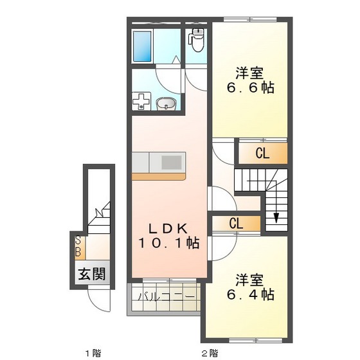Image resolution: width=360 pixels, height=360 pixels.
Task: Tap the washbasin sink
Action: pos(166,103)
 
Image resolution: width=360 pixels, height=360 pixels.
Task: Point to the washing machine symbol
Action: pos(141,102)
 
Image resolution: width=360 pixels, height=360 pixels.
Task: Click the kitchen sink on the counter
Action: pos(172,161)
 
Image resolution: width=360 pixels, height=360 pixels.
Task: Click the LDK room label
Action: pos(168,228)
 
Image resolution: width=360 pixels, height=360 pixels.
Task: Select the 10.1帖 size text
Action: pos(168,243)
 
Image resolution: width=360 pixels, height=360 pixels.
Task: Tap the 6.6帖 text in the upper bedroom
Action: pos(251,89)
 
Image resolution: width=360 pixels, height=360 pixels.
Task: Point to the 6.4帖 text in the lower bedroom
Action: pos(251,296)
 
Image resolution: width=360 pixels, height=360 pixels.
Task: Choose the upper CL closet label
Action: pos(261,153)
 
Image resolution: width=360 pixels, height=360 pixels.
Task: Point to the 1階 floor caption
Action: pos(93,352)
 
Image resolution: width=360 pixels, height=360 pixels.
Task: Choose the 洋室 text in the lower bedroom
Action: pos(251,280)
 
